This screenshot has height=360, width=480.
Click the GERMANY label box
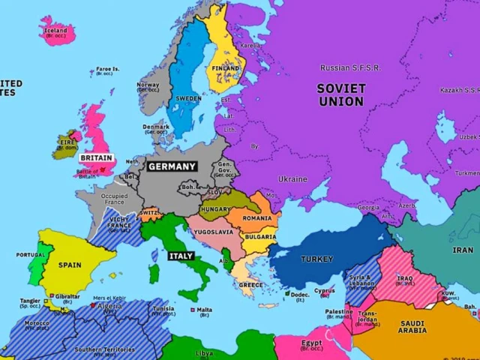point(171,166)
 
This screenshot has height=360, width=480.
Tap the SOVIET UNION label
point(340,95)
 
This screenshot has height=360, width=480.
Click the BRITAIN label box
point(96,158)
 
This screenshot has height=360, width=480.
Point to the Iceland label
point(55,31)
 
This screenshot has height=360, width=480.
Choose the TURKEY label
point(316,259)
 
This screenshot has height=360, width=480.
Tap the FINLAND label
point(224,68)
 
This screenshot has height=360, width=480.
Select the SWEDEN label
point(188,98)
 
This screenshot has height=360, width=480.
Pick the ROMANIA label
point(257,217)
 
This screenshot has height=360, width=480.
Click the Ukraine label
point(292,179)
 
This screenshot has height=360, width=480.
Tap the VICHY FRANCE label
point(118,222)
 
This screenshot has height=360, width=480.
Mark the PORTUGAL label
point(31,255)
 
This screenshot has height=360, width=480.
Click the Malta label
point(203,309)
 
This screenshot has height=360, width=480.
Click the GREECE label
point(250,285)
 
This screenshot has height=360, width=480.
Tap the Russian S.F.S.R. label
point(349,68)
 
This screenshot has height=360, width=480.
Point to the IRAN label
point(462,250)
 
